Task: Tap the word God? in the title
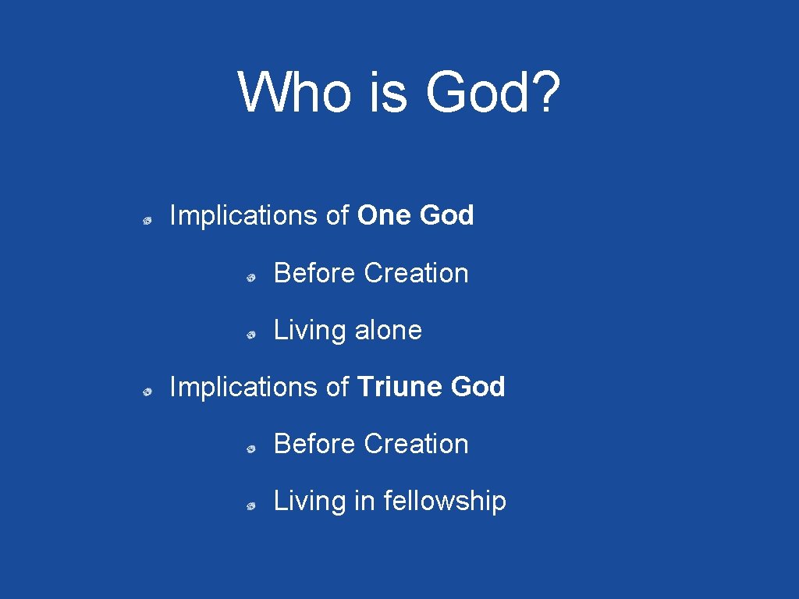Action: click(492, 92)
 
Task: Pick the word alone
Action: click(388, 330)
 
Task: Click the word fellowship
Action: click(445, 501)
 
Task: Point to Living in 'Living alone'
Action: click(310, 331)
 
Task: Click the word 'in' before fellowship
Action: click(364, 501)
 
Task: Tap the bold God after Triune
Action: click(478, 387)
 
